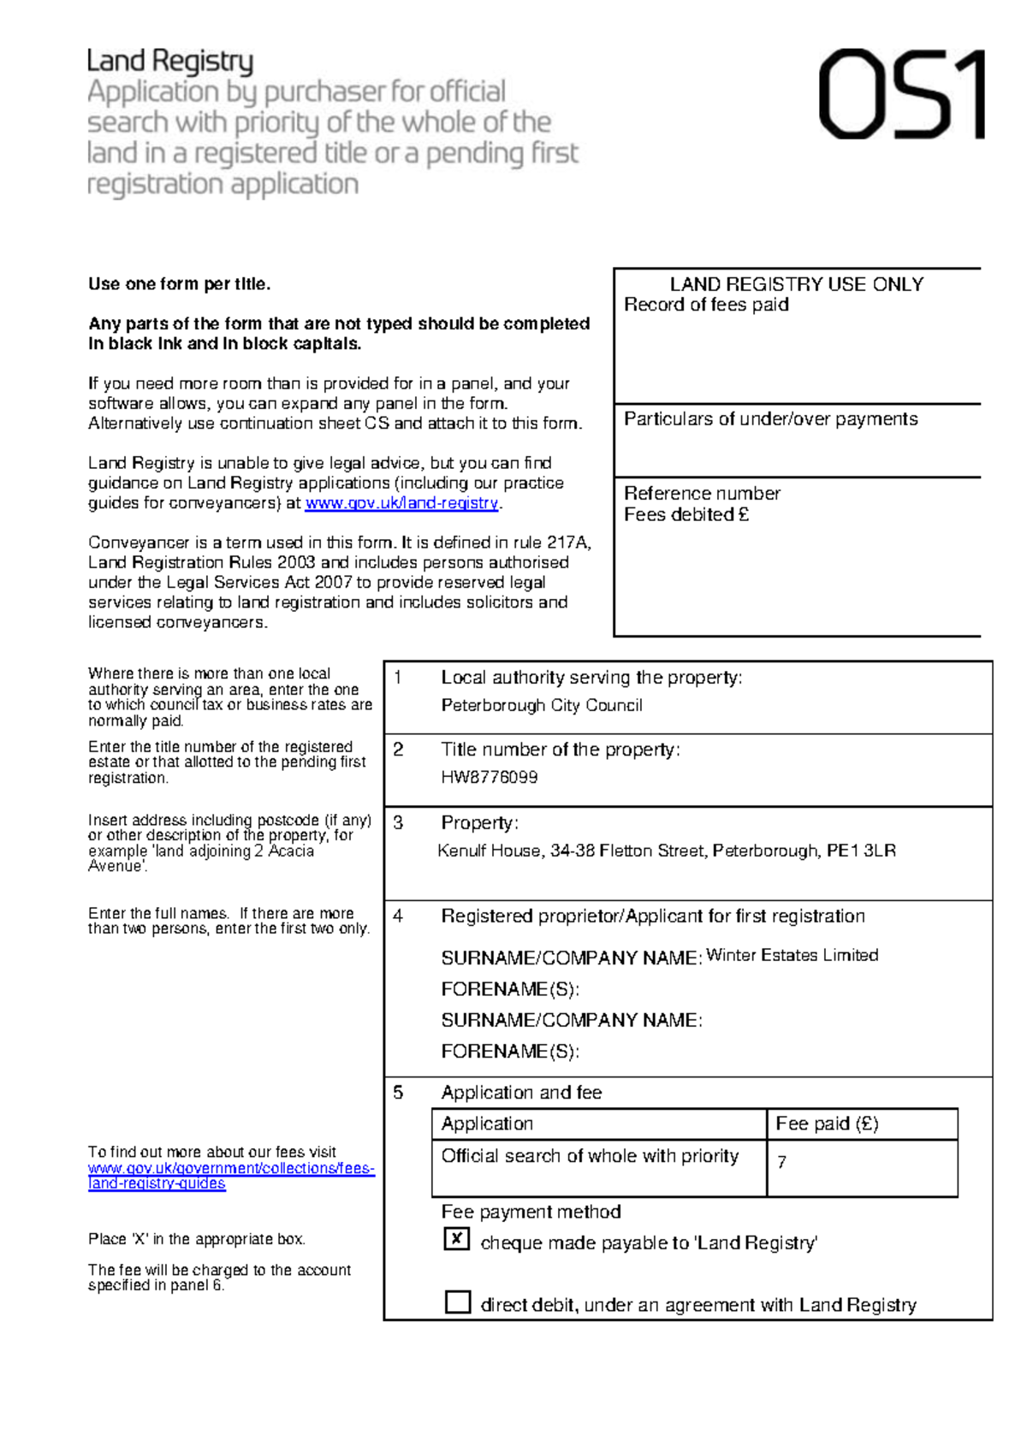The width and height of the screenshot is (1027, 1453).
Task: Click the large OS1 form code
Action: [x=901, y=94]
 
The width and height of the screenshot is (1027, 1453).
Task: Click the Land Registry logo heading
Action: [x=170, y=62]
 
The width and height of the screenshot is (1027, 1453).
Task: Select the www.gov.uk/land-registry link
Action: [x=401, y=503]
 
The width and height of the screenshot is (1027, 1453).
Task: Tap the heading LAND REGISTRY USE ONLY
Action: [x=796, y=284]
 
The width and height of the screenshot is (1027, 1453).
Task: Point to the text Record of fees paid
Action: [x=706, y=305]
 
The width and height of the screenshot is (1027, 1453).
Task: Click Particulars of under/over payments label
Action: [x=770, y=418]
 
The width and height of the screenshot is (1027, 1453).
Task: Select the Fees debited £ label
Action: [x=686, y=514]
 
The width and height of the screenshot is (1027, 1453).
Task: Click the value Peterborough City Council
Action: [x=542, y=705]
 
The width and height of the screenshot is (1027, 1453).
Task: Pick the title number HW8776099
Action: [x=490, y=777]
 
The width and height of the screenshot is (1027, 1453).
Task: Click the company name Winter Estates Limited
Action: [x=792, y=955]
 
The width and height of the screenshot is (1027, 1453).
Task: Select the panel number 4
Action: [x=398, y=916]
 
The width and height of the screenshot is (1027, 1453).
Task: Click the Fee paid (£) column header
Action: [x=827, y=1124]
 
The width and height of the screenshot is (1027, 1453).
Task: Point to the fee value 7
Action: [x=781, y=1162]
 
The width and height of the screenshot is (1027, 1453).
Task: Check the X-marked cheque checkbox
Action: [x=457, y=1238]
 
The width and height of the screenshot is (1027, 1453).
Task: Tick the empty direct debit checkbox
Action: [x=458, y=1302]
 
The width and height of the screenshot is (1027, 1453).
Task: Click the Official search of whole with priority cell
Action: [x=590, y=1156]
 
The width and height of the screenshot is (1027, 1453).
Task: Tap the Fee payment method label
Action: [x=531, y=1212]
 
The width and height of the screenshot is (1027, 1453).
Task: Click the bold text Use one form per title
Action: [x=179, y=284]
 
